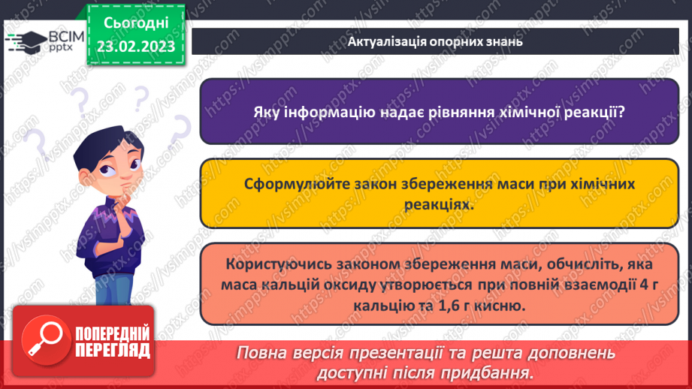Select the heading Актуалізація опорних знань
click(x=435, y=42)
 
